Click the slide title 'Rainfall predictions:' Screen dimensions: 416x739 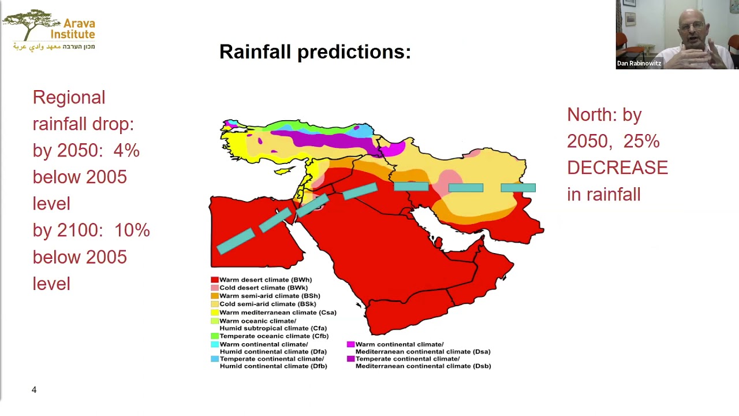[x=315, y=52]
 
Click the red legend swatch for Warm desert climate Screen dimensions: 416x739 [x=214, y=280]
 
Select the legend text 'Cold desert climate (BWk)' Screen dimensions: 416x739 [x=263, y=288]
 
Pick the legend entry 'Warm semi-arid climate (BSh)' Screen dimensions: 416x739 [x=270, y=296]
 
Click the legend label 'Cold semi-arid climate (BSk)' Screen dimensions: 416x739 [x=268, y=304]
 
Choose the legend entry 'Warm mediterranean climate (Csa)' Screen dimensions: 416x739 [x=278, y=313]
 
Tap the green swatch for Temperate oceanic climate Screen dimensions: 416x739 [x=214, y=336]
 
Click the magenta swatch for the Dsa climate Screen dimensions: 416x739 [x=350, y=344]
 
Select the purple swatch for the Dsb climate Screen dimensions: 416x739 [x=350, y=359]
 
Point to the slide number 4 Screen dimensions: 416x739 [x=34, y=390]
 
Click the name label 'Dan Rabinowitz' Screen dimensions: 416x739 [x=639, y=64]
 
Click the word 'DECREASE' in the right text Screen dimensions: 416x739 [x=617, y=168]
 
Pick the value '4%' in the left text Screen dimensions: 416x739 [x=126, y=150]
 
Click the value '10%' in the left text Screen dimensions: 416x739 [x=132, y=230]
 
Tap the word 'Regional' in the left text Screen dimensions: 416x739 [x=69, y=97]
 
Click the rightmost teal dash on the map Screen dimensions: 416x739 [x=518, y=188]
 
